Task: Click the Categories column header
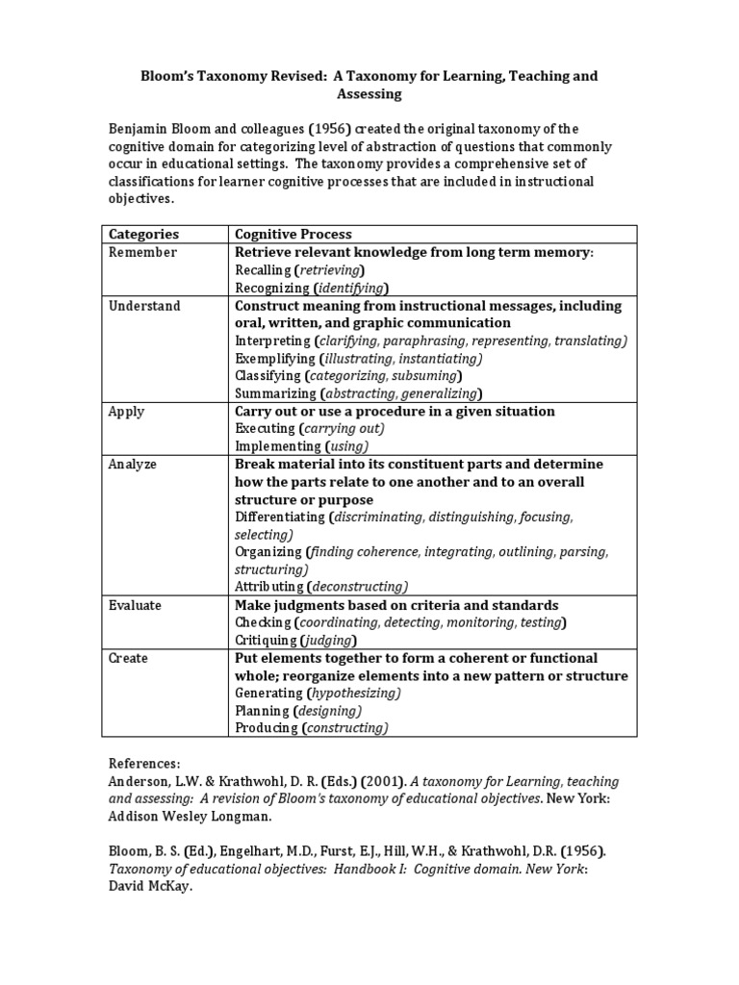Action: click(143, 234)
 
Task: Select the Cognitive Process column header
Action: click(293, 234)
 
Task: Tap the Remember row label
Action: click(142, 252)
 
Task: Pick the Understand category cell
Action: click(144, 306)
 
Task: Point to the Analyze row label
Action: click(133, 464)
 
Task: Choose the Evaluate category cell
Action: click(135, 605)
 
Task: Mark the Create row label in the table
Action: click(128, 658)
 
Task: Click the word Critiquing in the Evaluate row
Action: click(266, 641)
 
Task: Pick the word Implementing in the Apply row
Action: click(278, 446)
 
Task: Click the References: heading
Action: click(144, 763)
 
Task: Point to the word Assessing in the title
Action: click(369, 94)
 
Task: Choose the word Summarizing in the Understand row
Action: click(275, 393)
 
